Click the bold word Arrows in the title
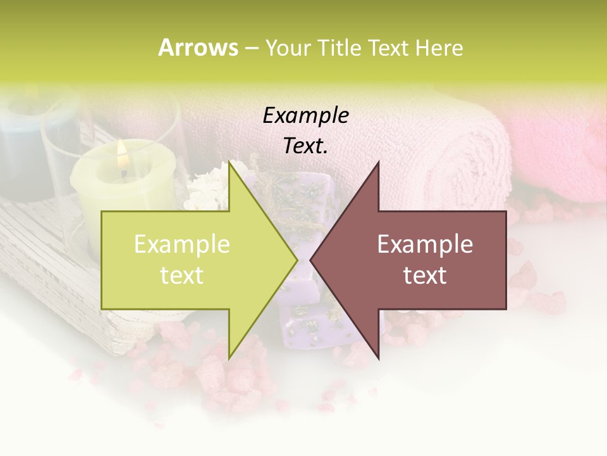coord(198,47)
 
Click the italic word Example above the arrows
coord(306,115)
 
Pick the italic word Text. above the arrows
coord(306,146)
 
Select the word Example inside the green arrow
coord(182,244)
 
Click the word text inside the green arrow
coord(182,275)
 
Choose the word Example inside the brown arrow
coord(425,244)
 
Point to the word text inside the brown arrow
coord(425,275)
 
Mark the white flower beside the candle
coord(205,187)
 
